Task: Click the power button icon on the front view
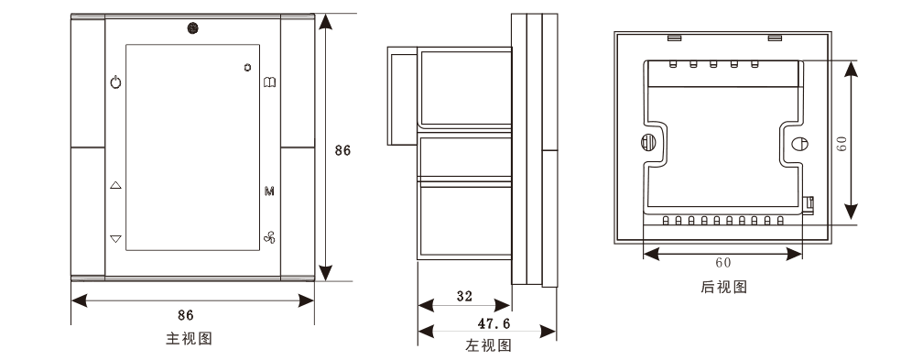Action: point(115,82)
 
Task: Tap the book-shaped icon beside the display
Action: point(269,82)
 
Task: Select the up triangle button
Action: point(115,185)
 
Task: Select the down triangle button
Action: point(115,239)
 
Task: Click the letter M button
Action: point(269,191)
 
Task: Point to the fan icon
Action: point(269,237)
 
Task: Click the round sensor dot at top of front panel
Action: point(192,27)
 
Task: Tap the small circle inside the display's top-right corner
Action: point(247,67)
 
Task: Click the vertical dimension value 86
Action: point(342,150)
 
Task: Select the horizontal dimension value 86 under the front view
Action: point(186,315)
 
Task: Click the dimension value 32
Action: point(464,296)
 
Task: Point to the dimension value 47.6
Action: point(494,323)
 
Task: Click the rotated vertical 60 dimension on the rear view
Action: point(842,144)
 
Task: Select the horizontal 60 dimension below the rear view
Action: point(722,263)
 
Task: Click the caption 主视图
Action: point(189,339)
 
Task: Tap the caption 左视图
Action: point(488,345)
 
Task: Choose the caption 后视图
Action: point(724,287)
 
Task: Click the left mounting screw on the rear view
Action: point(647,142)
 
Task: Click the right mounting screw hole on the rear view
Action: point(799,144)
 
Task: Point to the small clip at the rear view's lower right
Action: point(808,204)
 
